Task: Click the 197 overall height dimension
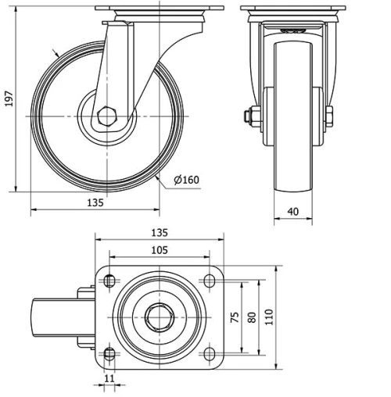(9, 98)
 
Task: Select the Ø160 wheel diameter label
(186, 181)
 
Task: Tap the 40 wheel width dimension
(292, 210)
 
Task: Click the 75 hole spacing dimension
(234, 317)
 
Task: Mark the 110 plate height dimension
(271, 317)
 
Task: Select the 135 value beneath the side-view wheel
(94, 202)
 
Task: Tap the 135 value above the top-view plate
(159, 233)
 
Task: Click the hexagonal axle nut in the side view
(107, 117)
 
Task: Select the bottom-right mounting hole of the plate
(209, 354)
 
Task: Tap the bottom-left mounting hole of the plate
(109, 354)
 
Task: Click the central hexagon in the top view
(159, 317)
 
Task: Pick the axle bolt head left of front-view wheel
(249, 117)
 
